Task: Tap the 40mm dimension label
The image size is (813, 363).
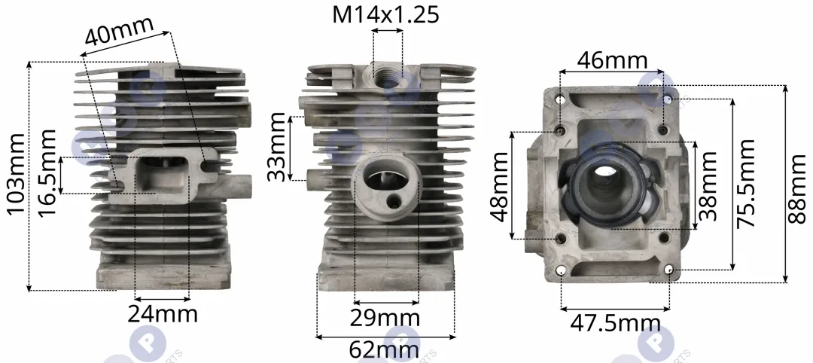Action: (x=120, y=31)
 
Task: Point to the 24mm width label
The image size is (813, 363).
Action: (x=163, y=314)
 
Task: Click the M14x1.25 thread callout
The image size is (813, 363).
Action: (x=385, y=14)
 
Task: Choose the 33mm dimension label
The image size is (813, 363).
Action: (x=276, y=147)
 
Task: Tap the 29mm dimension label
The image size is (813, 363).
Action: (x=385, y=318)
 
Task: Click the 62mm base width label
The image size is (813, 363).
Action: (x=384, y=350)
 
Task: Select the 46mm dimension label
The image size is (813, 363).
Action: (x=612, y=61)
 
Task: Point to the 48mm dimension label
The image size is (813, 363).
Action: (x=501, y=186)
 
